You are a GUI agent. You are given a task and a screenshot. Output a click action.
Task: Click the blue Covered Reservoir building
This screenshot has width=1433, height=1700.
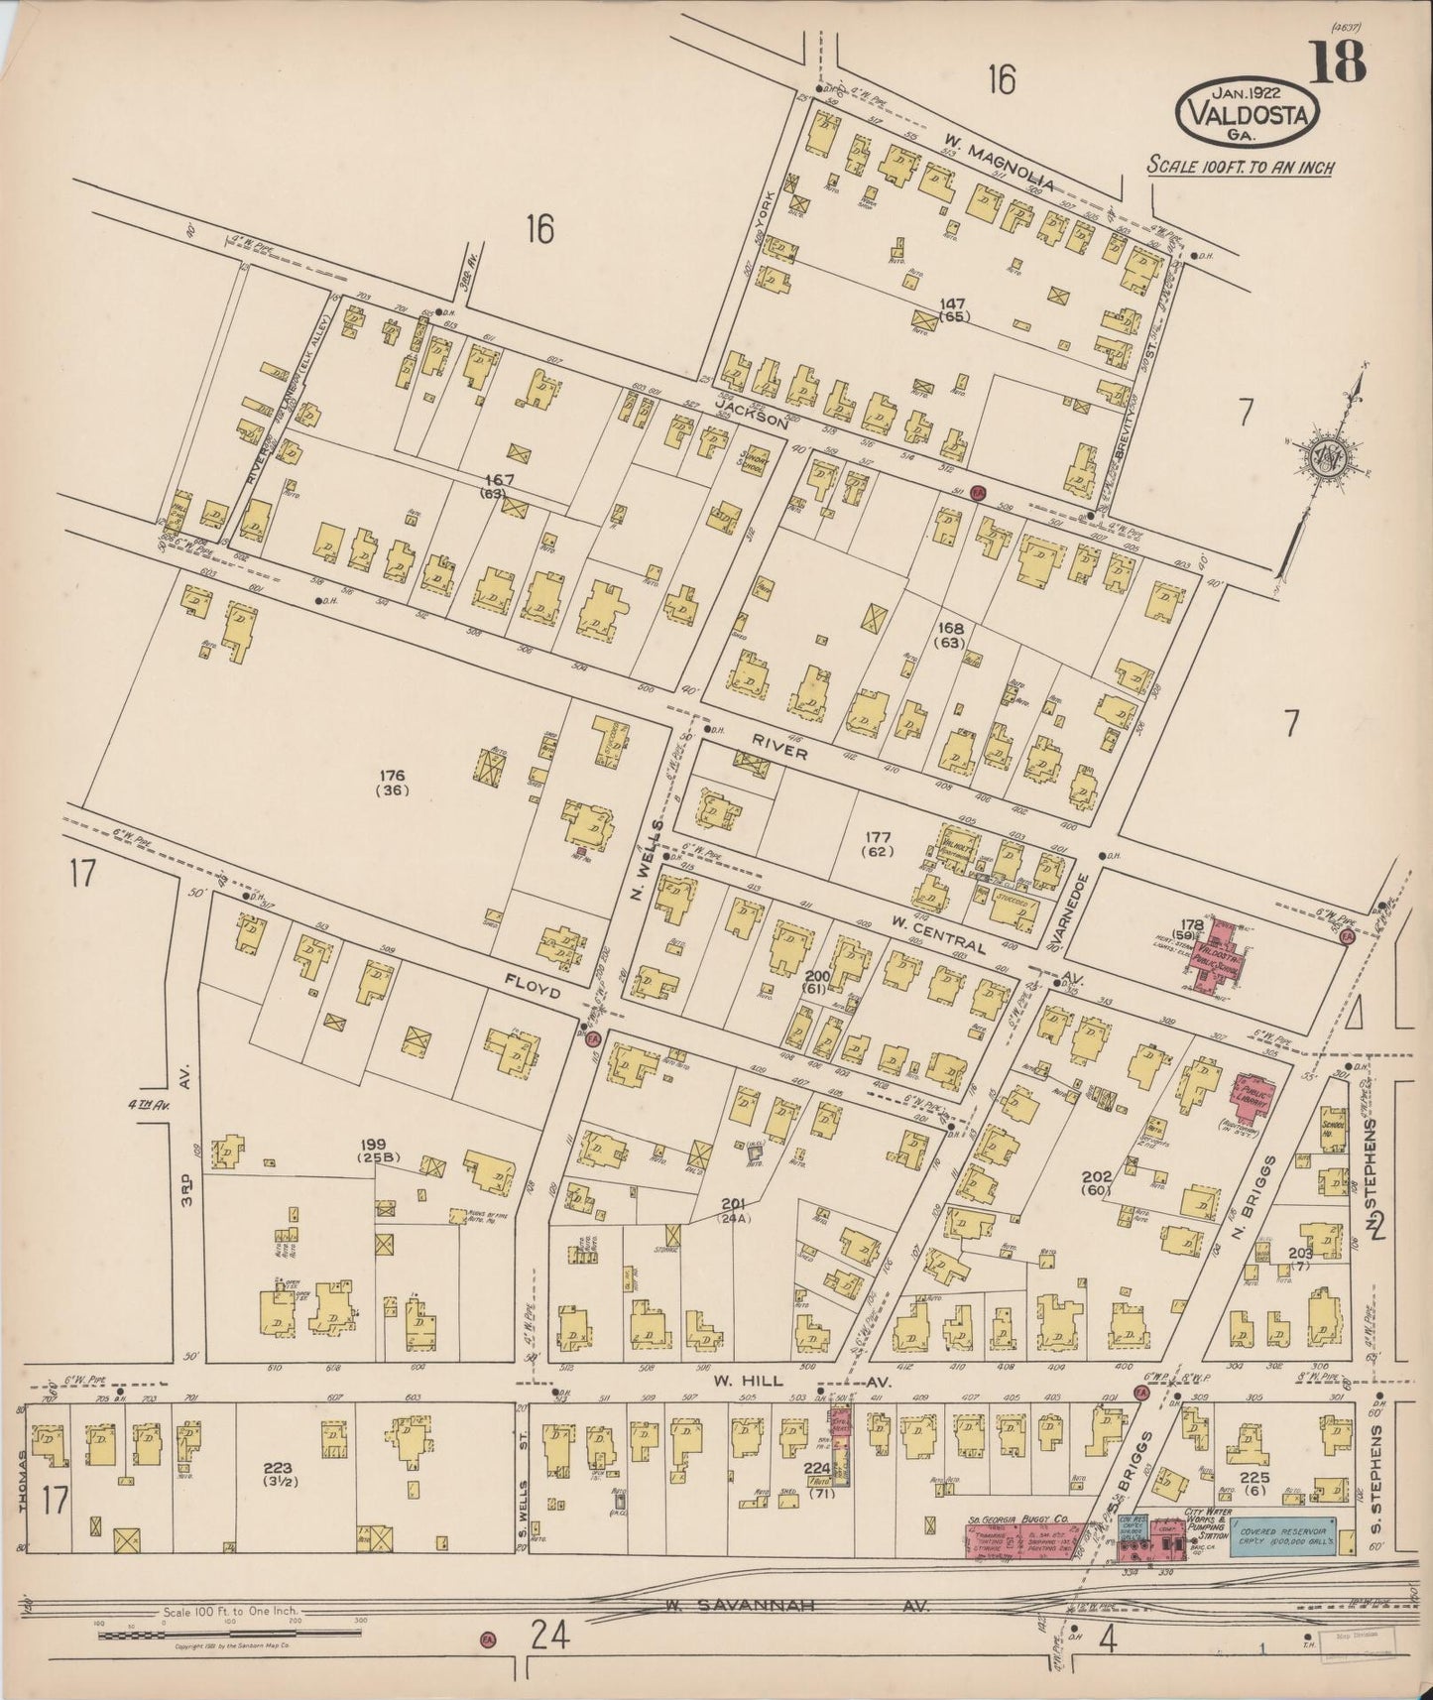click(1281, 1536)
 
